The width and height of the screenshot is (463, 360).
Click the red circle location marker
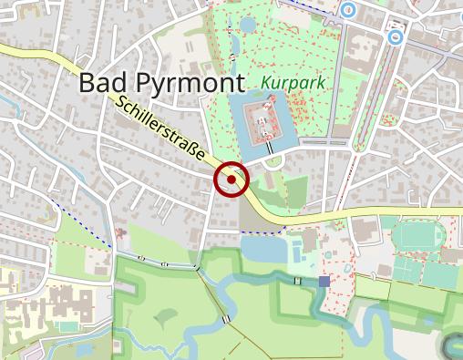click(231, 180)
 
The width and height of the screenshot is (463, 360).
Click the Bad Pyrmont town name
click(161, 82)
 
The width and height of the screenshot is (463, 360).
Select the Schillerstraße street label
click(159, 135)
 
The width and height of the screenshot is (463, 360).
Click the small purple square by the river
click(324, 282)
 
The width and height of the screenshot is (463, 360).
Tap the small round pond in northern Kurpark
click(249, 25)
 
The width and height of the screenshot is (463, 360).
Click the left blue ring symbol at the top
click(347, 10)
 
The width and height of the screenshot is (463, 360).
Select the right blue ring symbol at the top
click(395, 37)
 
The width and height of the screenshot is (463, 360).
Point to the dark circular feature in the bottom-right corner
click(453, 345)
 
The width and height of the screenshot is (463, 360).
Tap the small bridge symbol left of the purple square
click(298, 281)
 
